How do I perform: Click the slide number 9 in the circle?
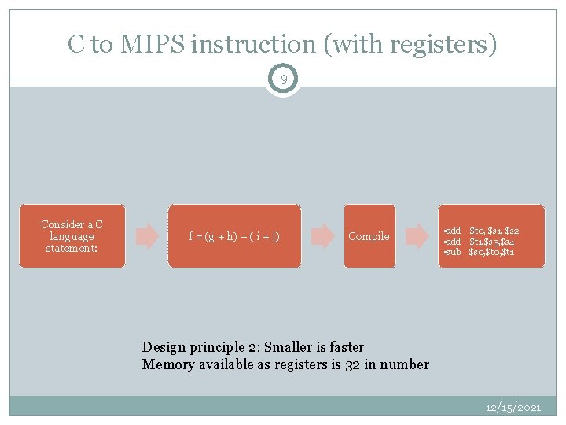(x=283, y=79)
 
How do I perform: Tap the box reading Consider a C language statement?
(x=72, y=236)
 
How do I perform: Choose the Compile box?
(x=369, y=236)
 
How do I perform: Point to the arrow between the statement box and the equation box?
(x=147, y=236)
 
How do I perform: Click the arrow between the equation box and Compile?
(x=322, y=236)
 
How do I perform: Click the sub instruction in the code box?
(x=454, y=252)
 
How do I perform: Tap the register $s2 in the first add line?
(x=512, y=230)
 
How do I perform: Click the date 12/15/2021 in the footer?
(x=514, y=408)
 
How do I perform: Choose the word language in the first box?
(x=72, y=236)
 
